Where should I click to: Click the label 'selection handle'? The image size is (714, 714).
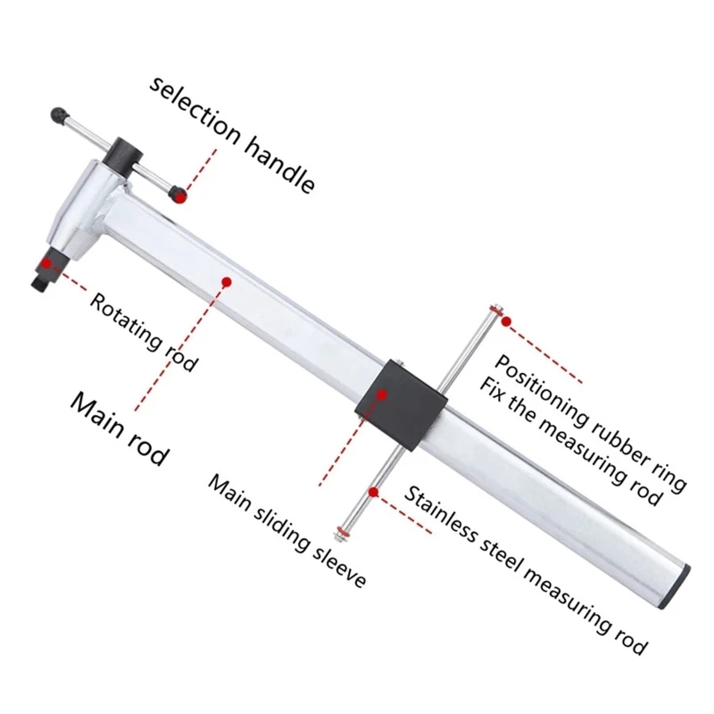tap(232, 136)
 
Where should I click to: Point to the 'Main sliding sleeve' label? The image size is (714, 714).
tap(286, 531)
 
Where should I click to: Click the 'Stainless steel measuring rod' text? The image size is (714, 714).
tap(526, 570)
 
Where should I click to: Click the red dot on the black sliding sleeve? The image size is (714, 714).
tap(382, 394)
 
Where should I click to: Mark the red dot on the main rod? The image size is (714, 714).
tap(227, 282)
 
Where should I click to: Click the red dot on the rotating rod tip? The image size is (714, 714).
tap(46, 262)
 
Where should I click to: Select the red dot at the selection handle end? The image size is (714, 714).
tap(181, 196)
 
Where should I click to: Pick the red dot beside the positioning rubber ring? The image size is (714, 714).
tap(506, 321)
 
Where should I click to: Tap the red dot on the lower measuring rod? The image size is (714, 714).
tap(374, 492)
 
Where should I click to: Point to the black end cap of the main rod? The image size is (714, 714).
tap(676, 587)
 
